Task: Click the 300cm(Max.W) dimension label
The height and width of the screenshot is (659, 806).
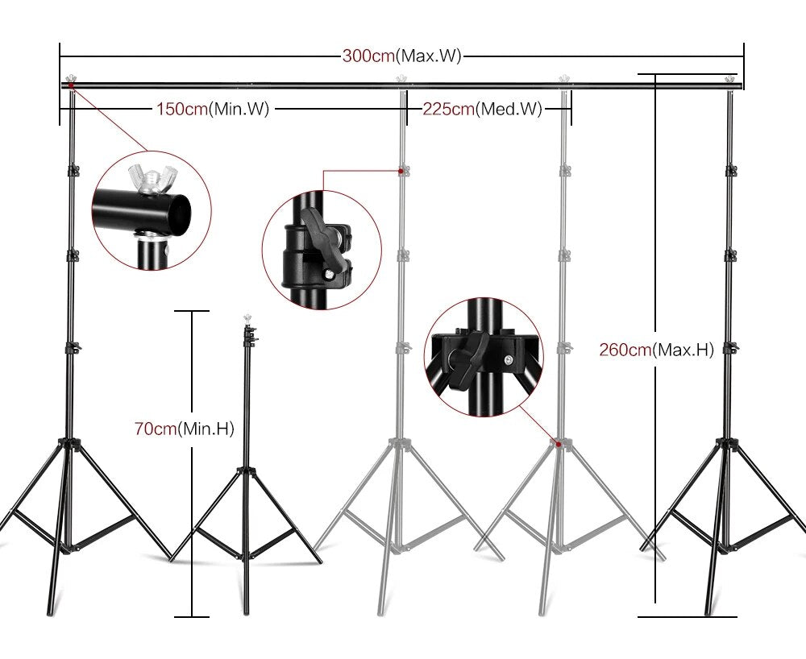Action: coord(401,56)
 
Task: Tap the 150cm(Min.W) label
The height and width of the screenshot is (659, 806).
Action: coord(211,108)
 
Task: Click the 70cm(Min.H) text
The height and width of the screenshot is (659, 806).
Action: coord(183,429)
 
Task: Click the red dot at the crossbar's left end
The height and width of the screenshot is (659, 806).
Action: coord(71,84)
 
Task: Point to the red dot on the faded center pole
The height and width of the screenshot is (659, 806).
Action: coord(401,171)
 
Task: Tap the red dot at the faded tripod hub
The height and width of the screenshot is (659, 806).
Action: coord(557,443)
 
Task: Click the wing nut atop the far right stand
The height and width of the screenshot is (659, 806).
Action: coord(730,77)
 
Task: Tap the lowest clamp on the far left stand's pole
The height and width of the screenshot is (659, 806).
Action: coord(73,347)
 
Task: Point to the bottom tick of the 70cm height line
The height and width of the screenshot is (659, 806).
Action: coord(192,616)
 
